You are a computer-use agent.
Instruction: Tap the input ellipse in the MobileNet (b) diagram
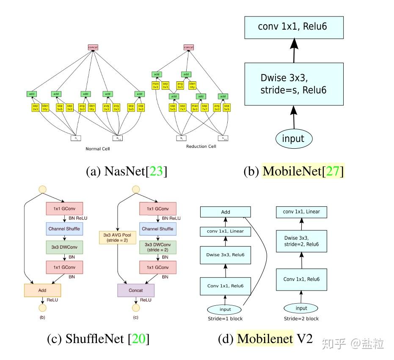click(293, 138)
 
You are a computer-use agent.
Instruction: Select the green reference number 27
click(332, 171)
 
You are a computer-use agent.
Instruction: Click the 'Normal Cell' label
click(97, 149)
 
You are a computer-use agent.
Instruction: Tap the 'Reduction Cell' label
click(201, 146)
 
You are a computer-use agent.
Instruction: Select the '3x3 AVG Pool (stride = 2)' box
click(117, 237)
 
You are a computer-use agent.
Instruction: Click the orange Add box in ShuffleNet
click(42, 290)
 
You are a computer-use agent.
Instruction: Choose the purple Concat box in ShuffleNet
click(136, 290)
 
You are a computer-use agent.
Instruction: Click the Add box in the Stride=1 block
click(226, 212)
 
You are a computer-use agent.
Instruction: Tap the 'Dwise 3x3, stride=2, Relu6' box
click(302, 241)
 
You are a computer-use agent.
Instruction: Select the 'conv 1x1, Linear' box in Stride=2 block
click(301, 212)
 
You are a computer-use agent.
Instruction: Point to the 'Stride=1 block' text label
click(225, 318)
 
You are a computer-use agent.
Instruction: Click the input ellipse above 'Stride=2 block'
click(301, 308)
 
